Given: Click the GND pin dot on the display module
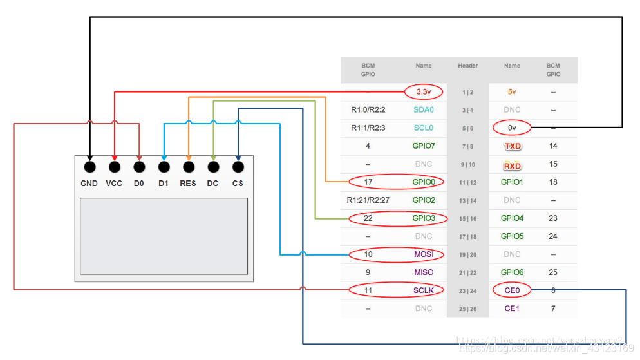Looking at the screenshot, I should tap(89, 167).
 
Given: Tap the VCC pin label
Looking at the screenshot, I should tap(114, 184).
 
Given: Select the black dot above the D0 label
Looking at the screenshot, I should tap(139, 167).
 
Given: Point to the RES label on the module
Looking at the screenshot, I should tap(188, 184).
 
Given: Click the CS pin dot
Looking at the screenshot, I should tap(238, 167).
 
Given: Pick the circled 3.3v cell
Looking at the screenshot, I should tap(424, 92).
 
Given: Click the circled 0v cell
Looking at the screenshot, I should tap(512, 128).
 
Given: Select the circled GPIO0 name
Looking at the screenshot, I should tap(424, 182).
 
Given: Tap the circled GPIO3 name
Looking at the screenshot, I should tap(424, 218).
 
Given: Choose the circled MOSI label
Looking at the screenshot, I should tap(424, 254).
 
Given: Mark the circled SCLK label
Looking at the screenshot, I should tap(424, 290).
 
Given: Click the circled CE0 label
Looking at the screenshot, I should tap(512, 290).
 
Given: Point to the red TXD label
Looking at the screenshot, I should tap(512, 146).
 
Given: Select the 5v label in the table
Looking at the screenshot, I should tap(512, 92).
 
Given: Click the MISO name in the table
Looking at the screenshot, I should tap(424, 272).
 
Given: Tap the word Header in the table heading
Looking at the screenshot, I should tap(468, 66).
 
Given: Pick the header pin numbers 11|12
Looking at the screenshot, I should tap(468, 183).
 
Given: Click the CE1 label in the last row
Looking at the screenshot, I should tap(512, 308).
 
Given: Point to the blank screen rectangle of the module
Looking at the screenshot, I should tap(164, 236).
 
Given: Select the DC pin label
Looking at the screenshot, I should tap(212, 184).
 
